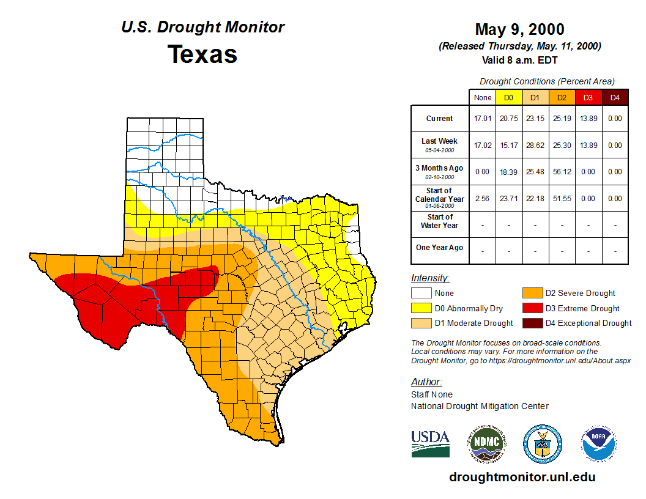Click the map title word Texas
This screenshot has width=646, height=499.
point(202,54)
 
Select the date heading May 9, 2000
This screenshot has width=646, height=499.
point(519,29)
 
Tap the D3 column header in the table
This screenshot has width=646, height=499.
point(588,98)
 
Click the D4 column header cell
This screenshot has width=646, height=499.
point(615,98)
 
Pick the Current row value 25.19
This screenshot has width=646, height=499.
point(561,119)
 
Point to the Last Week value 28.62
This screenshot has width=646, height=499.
point(535,146)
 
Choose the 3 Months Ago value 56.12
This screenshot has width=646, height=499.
point(561,172)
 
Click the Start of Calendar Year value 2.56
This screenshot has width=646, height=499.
point(482,199)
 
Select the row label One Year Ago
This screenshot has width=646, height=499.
point(440,248)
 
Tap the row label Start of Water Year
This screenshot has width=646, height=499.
point(440,221)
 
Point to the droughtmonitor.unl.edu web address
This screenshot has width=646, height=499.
point(522,477)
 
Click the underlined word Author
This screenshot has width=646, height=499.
point(426,382)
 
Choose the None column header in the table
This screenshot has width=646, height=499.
point(482,98)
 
